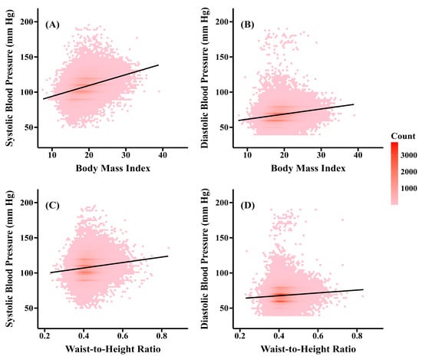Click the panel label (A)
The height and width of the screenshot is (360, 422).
tap(52, 25)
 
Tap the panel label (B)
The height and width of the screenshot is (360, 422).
tap(247, 25)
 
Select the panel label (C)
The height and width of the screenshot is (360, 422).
tap(52, 206)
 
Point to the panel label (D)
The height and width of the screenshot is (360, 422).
tap(247, 206)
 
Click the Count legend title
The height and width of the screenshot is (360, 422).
tap(403, 136)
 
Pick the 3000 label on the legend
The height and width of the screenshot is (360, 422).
tap(409, 155)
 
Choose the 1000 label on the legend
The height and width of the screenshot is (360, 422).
tap(409, 188)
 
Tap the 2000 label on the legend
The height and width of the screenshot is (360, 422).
tap(409, 172)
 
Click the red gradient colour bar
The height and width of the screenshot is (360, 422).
tap(394, 173)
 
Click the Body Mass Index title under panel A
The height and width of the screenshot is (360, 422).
tap(113, 168)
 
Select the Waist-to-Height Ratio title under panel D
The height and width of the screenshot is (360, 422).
tap(308, 349)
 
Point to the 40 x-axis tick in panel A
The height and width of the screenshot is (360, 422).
tap(163, 155)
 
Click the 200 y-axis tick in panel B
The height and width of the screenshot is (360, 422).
tap(222, 21)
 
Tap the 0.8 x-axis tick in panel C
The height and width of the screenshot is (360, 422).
tap(161, 336)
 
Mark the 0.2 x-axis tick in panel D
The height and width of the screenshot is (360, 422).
tap(239, 336)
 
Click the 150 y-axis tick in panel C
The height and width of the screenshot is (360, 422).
tap(27, 238)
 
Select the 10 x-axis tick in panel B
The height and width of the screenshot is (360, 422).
tap(247, 155)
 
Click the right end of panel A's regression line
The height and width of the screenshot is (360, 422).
tap(158, 65)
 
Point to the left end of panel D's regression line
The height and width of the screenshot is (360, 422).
tap(246, 298)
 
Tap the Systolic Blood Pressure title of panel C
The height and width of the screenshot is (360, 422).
tap(9, 259)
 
